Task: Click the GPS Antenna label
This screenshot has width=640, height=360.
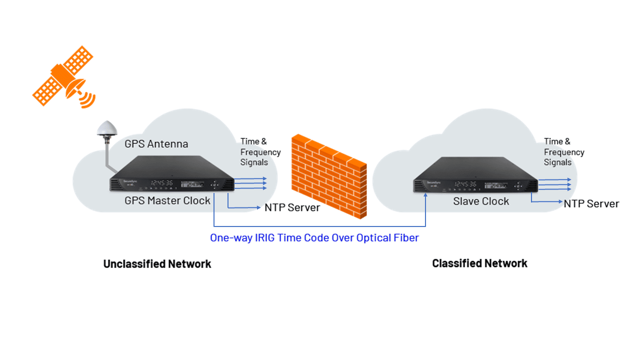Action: pyautogui.click(x=156, y=144)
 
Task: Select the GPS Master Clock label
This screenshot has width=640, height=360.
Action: pyautogui.click(x=167, y=201)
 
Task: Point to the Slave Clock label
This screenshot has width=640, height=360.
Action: pyautogui.click(x=481, y=201)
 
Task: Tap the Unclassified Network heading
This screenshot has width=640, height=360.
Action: pyautogui.click(x=157, y=264)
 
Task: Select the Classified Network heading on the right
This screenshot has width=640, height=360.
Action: pyautogui.click(x=479, y=263)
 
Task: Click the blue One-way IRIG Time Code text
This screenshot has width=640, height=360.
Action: pyautogui.click(x=314, y=238)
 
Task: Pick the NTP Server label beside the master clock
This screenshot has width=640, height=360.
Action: pyautogui.click(x=292, y=207)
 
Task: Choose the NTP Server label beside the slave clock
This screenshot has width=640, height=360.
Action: pyautogui.click(x=591, y=204)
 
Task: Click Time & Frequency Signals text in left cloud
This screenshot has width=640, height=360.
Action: pyautogui.click(x=260, y=151)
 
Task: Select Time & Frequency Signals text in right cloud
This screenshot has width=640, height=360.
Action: pyautogui.click(x=564, y=151)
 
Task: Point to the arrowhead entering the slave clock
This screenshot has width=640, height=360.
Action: pyautogui.click(x=425, y=195)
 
